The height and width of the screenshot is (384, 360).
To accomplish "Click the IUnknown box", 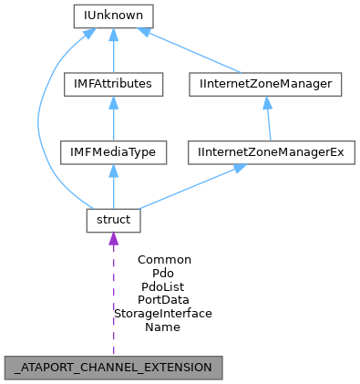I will tap(113, 16).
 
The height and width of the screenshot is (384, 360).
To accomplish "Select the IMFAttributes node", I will tap(113, 85).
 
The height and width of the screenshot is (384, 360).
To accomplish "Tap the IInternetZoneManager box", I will tap(267, 85).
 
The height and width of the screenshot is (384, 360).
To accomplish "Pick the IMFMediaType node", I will tap(113, 152).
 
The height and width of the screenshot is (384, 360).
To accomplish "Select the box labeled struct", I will tap(113, 220).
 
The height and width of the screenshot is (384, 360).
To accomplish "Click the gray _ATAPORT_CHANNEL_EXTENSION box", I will tap(113, 368).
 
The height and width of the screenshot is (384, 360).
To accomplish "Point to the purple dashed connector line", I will tap(113, 301).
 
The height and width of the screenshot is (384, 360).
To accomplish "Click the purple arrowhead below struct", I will tap(113, 239).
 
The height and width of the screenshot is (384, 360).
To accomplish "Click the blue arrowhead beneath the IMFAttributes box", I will tap(113, 103).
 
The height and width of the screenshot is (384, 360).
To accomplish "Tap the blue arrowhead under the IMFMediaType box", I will tap(113, 171).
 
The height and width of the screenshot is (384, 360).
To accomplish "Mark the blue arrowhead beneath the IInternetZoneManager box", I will tap(267, 103).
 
